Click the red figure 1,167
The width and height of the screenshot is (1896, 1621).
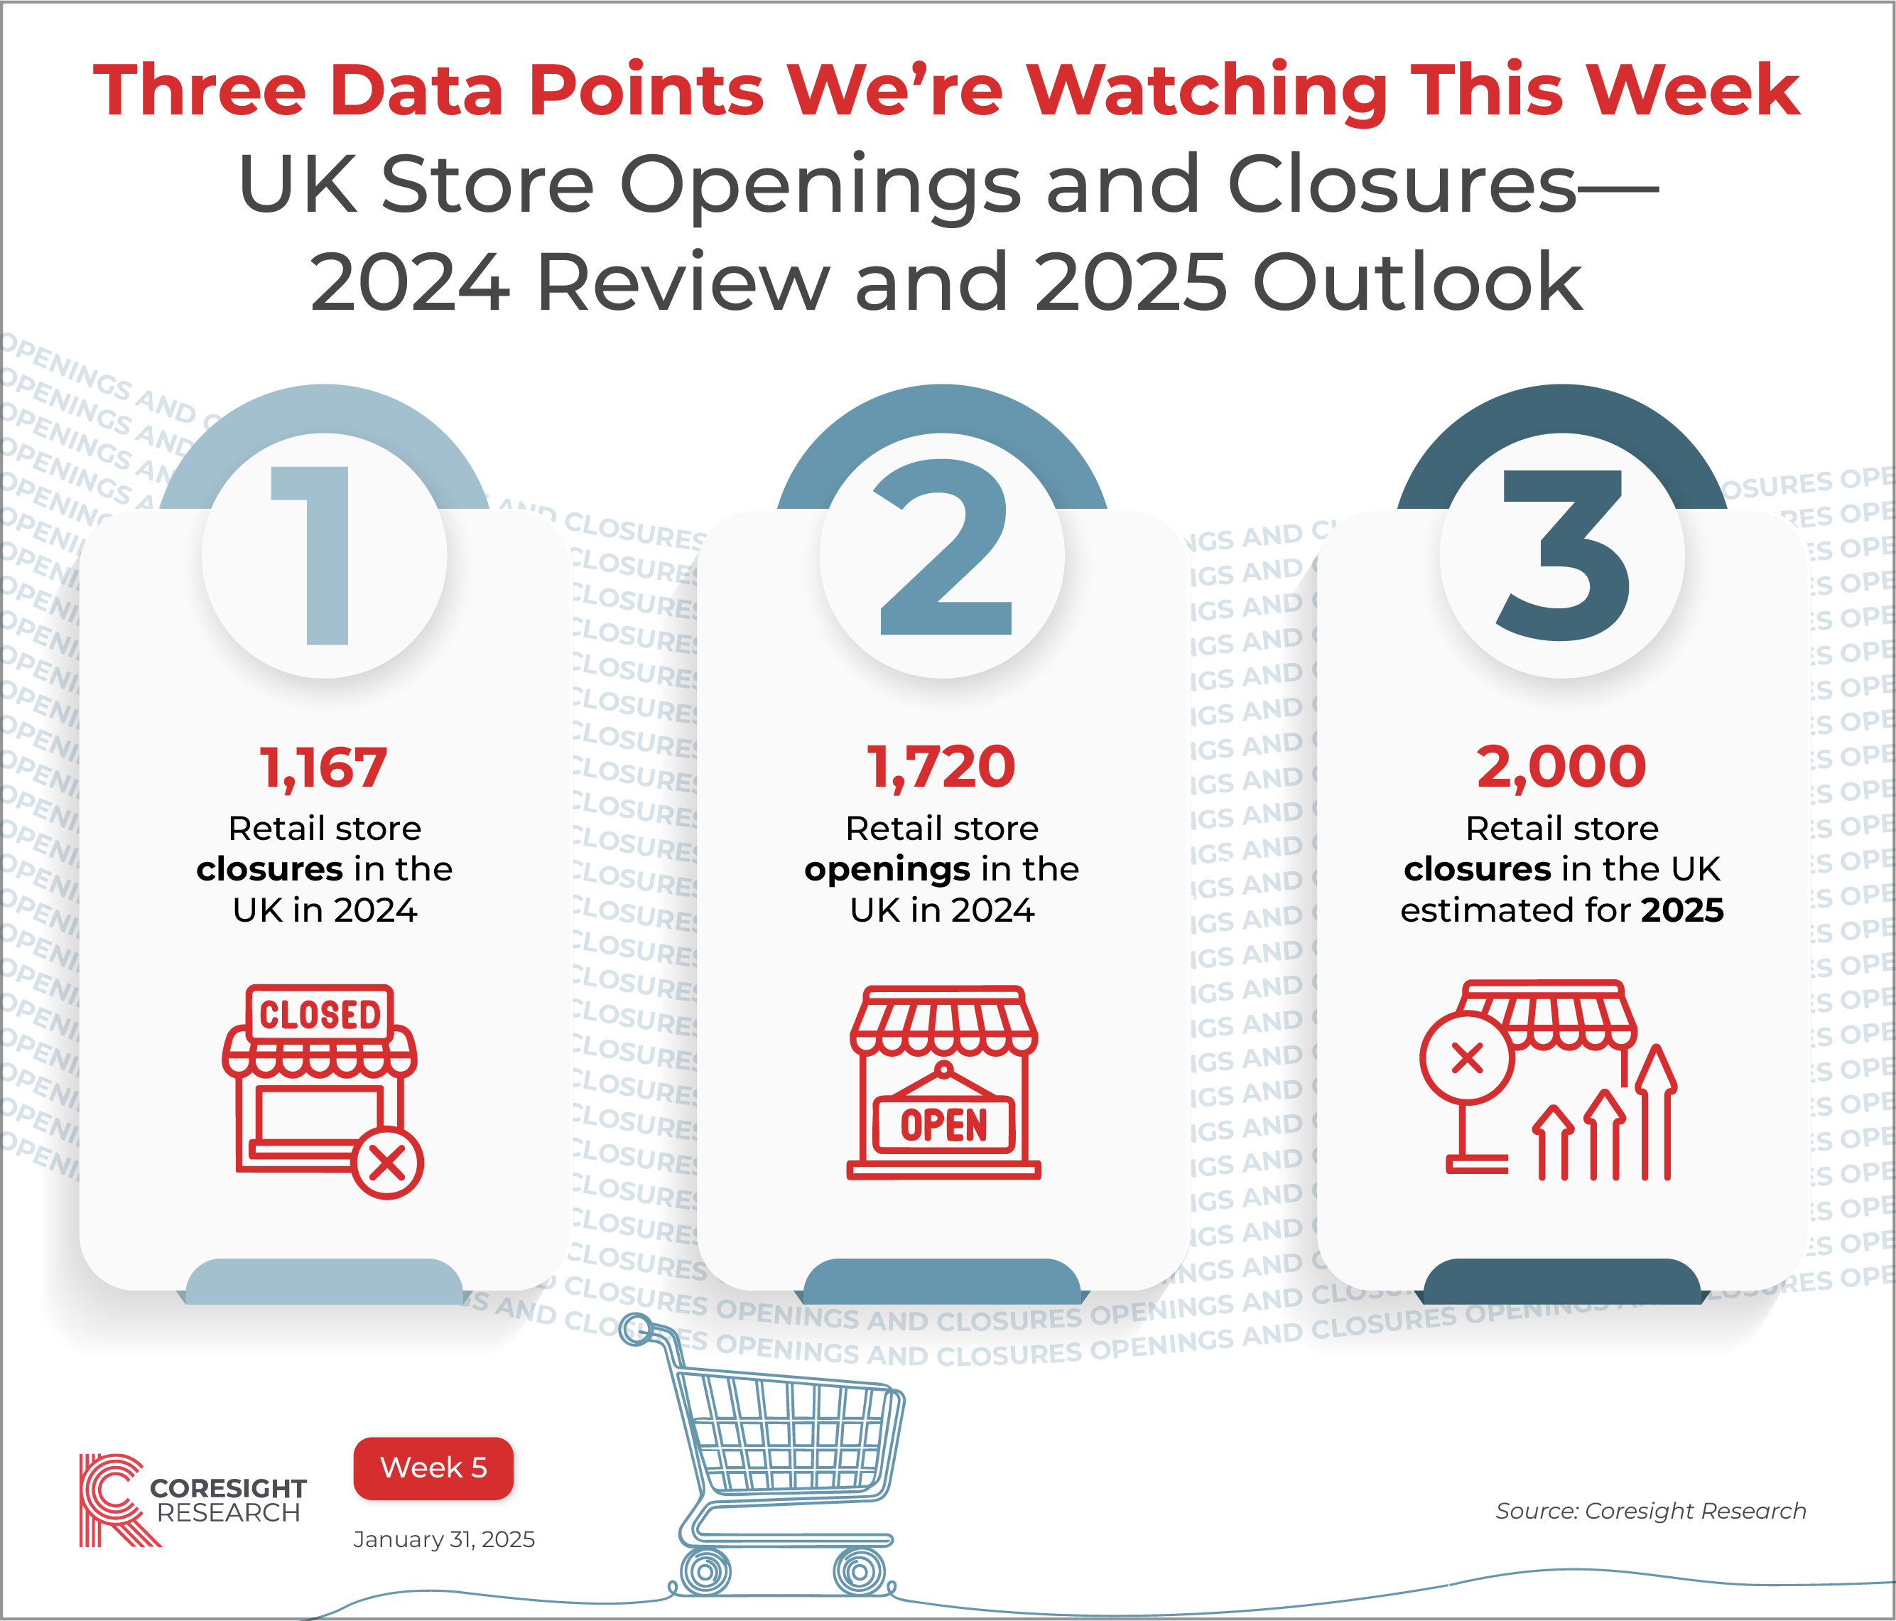pos(324,767)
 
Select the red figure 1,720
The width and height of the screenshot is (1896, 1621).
pos(941,767)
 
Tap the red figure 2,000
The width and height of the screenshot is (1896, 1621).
pos(1561,767)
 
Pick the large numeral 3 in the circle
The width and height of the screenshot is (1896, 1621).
pos(1564,555)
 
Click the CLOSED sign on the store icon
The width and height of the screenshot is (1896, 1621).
pos(320,1014)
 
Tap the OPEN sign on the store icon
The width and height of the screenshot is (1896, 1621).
pos(944,1125)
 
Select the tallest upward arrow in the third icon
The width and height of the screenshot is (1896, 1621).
pos(1657,1112)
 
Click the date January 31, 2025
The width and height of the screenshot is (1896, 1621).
pos(444,1539)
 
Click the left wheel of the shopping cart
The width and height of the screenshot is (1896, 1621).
pos(705,1571)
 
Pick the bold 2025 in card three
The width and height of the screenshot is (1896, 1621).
pos(1682,910)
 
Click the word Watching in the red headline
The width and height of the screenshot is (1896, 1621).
pos(1206,91)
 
